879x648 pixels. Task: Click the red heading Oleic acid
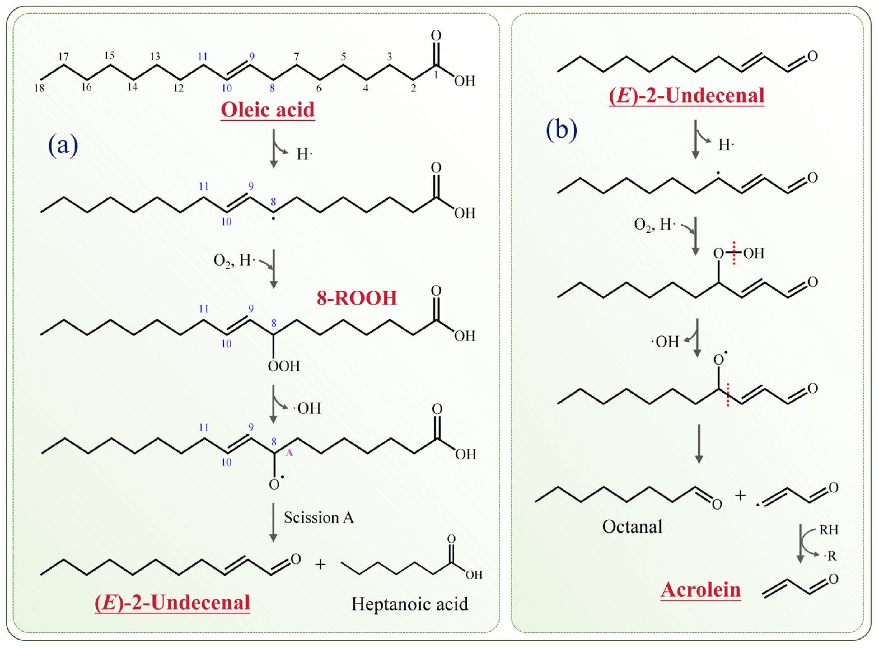(268, 110)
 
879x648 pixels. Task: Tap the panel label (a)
(63, 145)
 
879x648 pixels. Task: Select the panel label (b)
(561, 130)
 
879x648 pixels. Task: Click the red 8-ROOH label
(357, 298)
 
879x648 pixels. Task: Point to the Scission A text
(319, 518)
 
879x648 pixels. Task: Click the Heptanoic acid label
(409, 604)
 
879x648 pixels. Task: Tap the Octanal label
(632, 526)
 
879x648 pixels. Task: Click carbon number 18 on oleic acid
(39, 88)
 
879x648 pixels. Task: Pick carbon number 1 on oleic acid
(435, 75)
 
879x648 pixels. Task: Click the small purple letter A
(289, 453)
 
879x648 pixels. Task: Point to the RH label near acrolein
(828, 530)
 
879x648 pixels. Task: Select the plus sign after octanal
(740, 496)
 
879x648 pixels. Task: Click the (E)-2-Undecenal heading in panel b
(686, 96)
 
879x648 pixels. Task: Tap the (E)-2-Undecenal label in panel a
(172, 603)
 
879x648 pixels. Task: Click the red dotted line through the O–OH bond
(734, 253)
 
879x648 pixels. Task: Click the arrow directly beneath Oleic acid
(274, 149)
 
